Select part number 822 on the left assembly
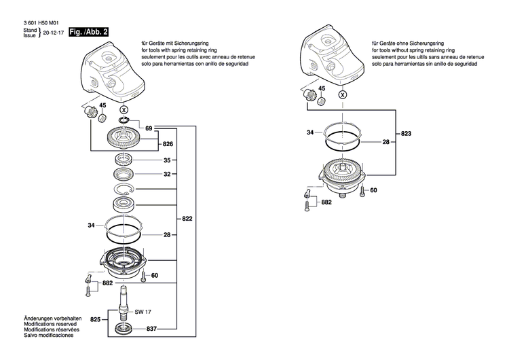click(187, 219)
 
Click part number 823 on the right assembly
click(406, 133)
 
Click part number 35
click(166, 161)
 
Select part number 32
click(166, 174)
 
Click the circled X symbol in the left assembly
click(123, 109)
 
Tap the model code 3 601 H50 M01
click(31, 23)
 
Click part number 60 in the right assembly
click(373, 190)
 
